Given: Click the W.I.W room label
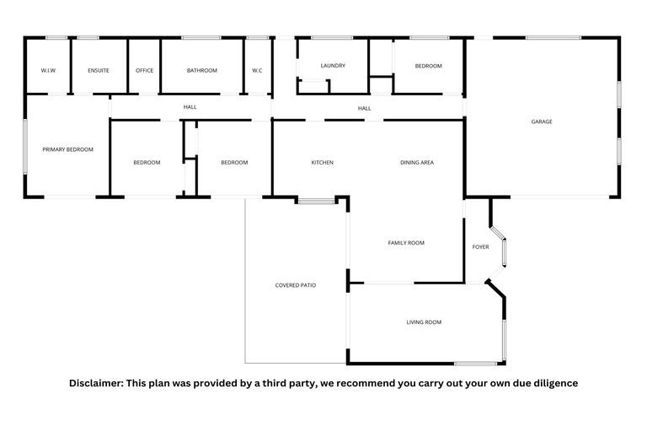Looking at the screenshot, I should (48, 70).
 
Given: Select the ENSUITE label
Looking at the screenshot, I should (99, 70).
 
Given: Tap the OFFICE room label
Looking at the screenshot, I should (145, 70).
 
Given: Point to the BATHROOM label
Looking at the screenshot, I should (202, 70).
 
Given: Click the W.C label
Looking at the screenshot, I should (257, 70).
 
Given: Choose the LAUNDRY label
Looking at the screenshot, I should (333, 66).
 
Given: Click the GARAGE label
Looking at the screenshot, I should (542, 121).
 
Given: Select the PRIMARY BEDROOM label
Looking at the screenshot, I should (68, 149).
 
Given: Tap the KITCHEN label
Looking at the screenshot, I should (323, 162).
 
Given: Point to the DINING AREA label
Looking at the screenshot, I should (417, 162).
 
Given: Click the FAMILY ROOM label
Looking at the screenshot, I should (406, 243).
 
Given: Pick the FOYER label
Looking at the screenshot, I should (480, 247).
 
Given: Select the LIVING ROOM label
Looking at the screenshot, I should (424, 322).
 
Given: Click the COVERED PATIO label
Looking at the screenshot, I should (296, 285).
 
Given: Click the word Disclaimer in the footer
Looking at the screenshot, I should (96, 383).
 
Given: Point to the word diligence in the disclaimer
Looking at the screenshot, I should (553, 383).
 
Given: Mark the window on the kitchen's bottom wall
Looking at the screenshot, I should (316, 201).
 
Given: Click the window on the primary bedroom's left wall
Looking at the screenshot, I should (25, 145).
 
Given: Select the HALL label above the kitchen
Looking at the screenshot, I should (364, 108).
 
